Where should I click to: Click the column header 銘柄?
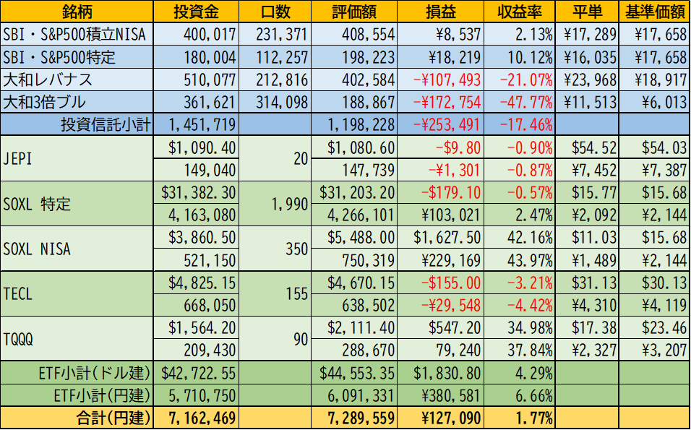[x=77, y=12]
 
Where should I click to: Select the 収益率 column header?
[x=519, y=12]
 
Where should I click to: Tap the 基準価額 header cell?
[x=655, y=12]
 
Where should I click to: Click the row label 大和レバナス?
[x=48, y=79]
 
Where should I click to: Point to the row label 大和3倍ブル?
[x=44, y=102]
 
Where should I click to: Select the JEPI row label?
[x=17, y=158]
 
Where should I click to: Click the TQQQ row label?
[x=19, y=339]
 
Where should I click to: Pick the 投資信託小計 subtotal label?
[x=106, y=125]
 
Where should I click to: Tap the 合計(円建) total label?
[x=113, y=418]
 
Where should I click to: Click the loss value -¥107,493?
[x=447, y=79]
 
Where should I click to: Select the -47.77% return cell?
[x=526, y=102]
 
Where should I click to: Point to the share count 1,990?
[x=290, y=204]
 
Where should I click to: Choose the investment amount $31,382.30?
[x=198, y=192]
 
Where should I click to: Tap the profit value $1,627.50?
[x=447, y=238]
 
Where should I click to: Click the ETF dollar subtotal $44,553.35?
[x=357, y=373]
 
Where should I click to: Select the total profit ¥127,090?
[x=450, y=418]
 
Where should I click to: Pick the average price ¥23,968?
[x=590, y=79]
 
